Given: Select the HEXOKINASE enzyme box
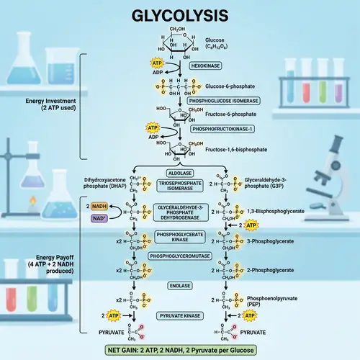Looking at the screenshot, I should [205, 65].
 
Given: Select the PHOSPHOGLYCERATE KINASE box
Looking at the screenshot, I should [179, 237].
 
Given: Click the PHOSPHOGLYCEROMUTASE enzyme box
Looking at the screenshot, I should [179, 256].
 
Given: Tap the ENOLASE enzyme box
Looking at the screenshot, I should [179, 286].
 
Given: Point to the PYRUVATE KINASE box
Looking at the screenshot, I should [179, 315].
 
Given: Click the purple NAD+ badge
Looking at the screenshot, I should [99, 217].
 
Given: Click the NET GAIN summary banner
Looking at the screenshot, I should [179, 351].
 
